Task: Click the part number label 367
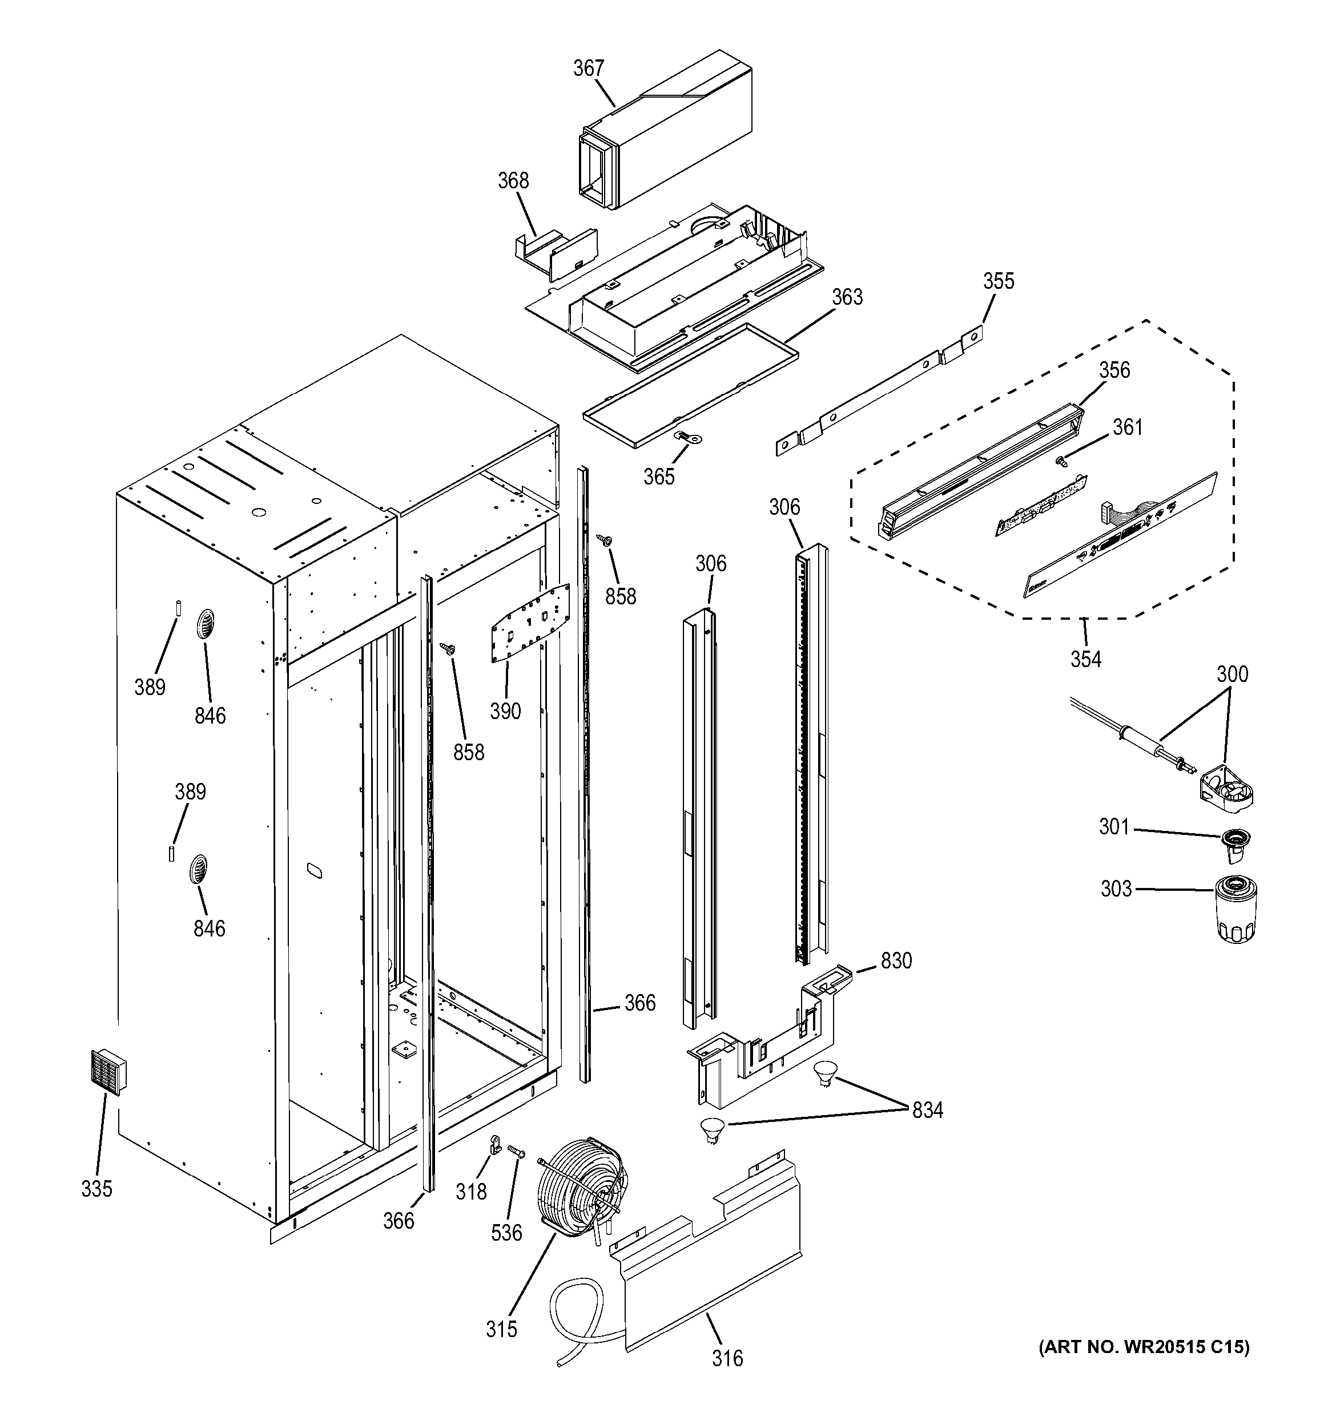pyautogui.click(x=589, y=69)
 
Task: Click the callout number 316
pyautogui.click(x=727, y=1358)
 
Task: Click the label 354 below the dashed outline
pyautogui.click(x=1085, y=660)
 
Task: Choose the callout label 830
pyautogui.click(x=896, y=960)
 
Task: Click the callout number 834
pyautogui.click(x=927, y=1109)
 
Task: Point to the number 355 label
pyautogui.click(x=998, y=281)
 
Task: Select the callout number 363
pyautogui.click(x=847, y=297)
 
